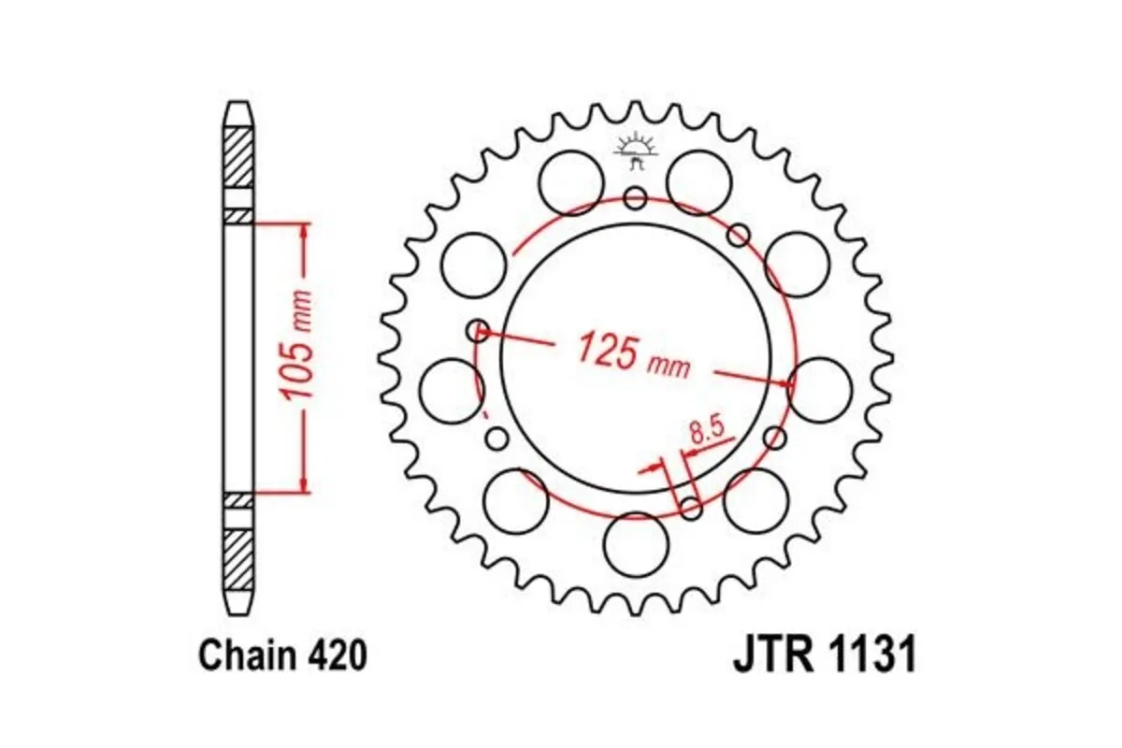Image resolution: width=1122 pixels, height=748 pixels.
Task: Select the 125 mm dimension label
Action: [x=633, y=353]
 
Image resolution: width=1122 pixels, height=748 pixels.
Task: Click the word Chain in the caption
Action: [x=249, y=656]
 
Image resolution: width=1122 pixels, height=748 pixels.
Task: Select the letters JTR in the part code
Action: [x=768, y=656]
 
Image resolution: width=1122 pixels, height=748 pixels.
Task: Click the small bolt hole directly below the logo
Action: [x=636, y=197]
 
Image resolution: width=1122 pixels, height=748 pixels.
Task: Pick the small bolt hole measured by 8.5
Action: [x=691, y=508]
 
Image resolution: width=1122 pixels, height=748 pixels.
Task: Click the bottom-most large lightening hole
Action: [x=636, y=544]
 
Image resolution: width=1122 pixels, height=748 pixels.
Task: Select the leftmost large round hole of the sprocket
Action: [x=451, y=390]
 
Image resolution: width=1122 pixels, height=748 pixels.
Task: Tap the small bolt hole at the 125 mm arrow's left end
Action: [x=479, y=329]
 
